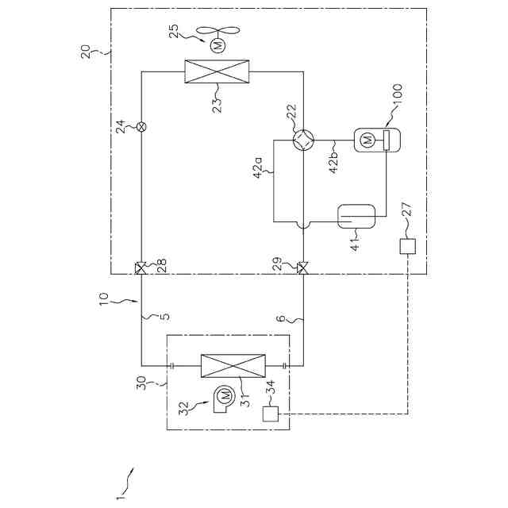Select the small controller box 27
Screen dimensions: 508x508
pyautogui.click(x=408, y=247)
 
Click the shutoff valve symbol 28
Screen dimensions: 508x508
pyautogui.click(x=140, y=268)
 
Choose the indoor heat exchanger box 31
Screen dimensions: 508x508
pyautogui.click(x=233, y=366)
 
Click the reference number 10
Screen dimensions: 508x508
pyautogui.click(x=103, y=302)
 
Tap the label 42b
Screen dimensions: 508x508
pyautogui.click(x=333, y=159)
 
